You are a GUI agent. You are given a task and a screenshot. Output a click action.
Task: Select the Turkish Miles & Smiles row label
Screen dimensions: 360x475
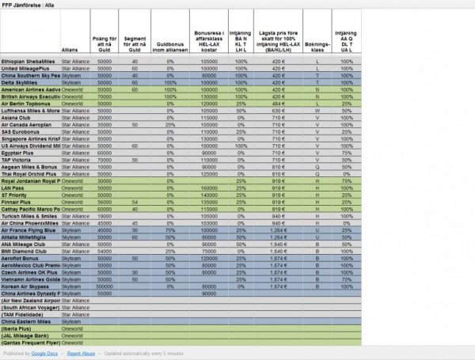pyautogui.click(x=31, y=215)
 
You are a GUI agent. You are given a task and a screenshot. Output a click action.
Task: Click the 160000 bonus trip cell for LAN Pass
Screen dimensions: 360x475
pyautogui.click(x=209, y=188)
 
